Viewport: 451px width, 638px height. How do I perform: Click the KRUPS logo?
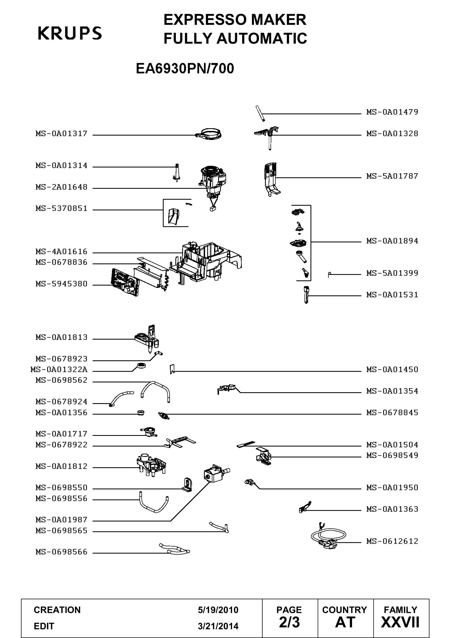[70, 33]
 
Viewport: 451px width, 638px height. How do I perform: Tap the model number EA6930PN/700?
[185, 68]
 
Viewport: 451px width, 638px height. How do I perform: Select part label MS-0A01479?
[392, 112]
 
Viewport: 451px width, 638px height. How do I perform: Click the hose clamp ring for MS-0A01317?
[210, 134]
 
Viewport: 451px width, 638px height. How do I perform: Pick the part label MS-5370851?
[61, 208]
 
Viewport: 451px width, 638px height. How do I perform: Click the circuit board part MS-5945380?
[124, 282]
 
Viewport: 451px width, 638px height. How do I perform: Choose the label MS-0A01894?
[392, 241]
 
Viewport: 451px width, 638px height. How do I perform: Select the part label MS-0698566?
[61, 552]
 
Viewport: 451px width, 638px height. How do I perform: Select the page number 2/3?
[289, 622]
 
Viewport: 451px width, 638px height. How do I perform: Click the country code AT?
[345, 622]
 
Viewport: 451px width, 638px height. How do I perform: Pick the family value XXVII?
[400, 622]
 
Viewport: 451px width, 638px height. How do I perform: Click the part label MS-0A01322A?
[59, 370]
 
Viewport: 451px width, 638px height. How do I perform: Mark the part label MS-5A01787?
[392, 176]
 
